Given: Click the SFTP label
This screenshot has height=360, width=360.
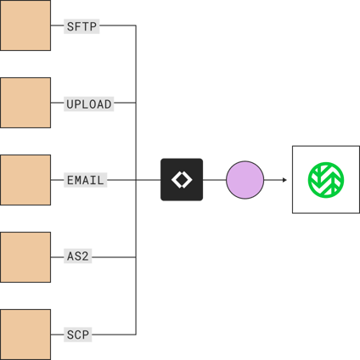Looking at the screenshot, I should click(82, 26).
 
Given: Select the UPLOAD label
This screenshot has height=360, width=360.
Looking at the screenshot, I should click(88, 104).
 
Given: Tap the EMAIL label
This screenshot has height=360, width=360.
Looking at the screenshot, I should click(85, 180).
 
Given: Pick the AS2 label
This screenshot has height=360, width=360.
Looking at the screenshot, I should click(78, 256).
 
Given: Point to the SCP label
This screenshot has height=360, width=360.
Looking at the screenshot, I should click(77, 335).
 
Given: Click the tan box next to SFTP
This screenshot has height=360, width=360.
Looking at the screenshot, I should click(25, 25).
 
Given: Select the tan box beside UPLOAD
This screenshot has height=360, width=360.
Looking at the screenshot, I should click(25, 103).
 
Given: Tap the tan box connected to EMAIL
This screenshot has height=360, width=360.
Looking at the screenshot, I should click(25, 180).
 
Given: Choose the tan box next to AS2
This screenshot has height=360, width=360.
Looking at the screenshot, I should click(25, 256).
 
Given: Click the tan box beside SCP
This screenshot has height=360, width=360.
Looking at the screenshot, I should click(25, 334).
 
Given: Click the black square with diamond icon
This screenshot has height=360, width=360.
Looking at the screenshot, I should click(182, 180).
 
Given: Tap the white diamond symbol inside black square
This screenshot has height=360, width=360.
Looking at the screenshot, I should click(182, 180).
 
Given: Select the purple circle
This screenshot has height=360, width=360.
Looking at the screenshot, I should click(245, 180).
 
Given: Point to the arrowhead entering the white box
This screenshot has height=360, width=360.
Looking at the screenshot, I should click(284, 180).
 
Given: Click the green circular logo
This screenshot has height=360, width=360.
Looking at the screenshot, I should click(325, 180).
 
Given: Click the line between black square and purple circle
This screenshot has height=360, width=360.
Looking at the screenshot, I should click(215, 180).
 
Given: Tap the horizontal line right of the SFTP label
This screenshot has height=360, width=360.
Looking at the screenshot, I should click(118, 25).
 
